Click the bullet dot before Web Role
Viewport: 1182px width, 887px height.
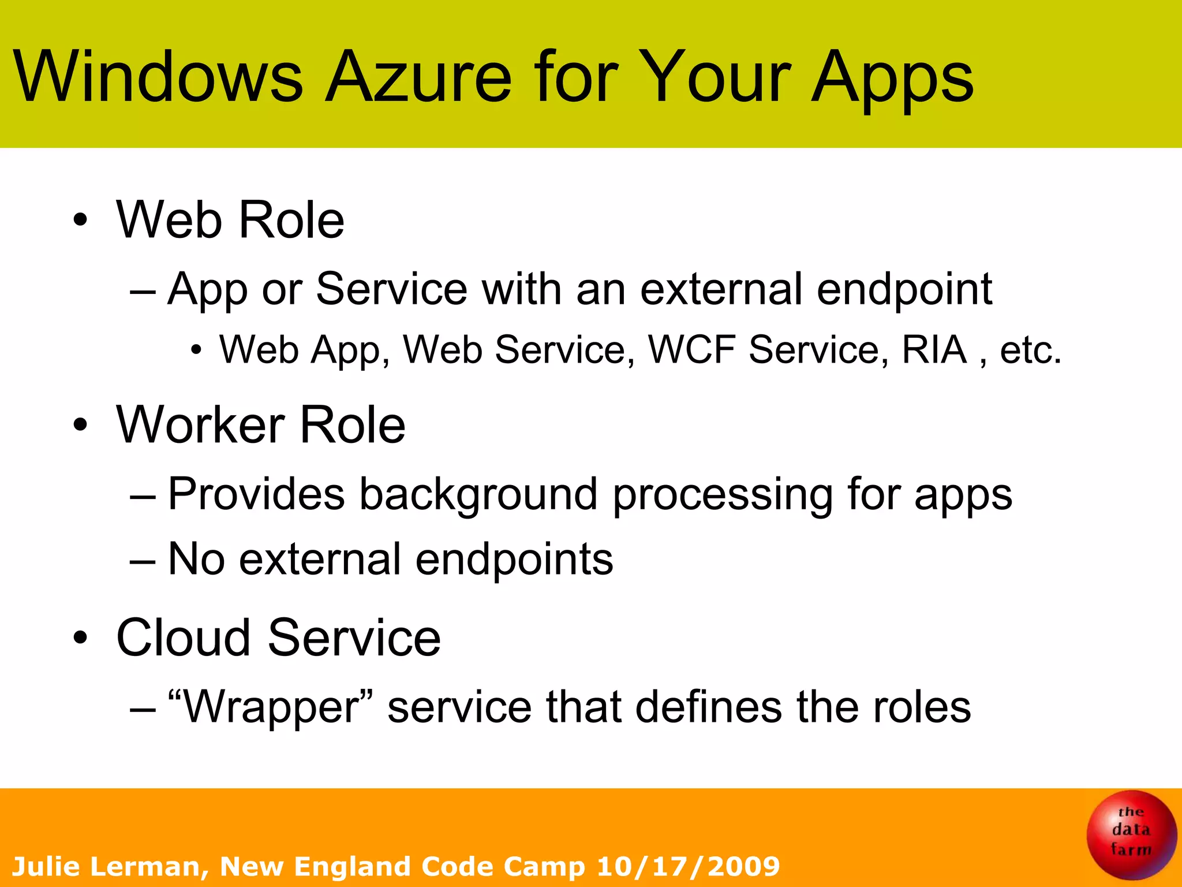click(x=80, y=220)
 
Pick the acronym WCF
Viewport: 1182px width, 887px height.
click(x=691, y=349)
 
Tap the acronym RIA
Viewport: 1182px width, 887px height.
click(x=934, y=349)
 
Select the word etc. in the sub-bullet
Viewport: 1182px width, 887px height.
click(x=1030, y=351)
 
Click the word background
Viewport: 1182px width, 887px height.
click(x=478, y=495)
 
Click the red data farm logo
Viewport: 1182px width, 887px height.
click(x=1131, y=834)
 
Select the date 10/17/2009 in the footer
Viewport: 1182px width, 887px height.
click(x=688, y=866)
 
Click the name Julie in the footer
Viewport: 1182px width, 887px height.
click(x=46, y=866)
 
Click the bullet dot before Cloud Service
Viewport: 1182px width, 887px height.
click(x=80, y=638)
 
